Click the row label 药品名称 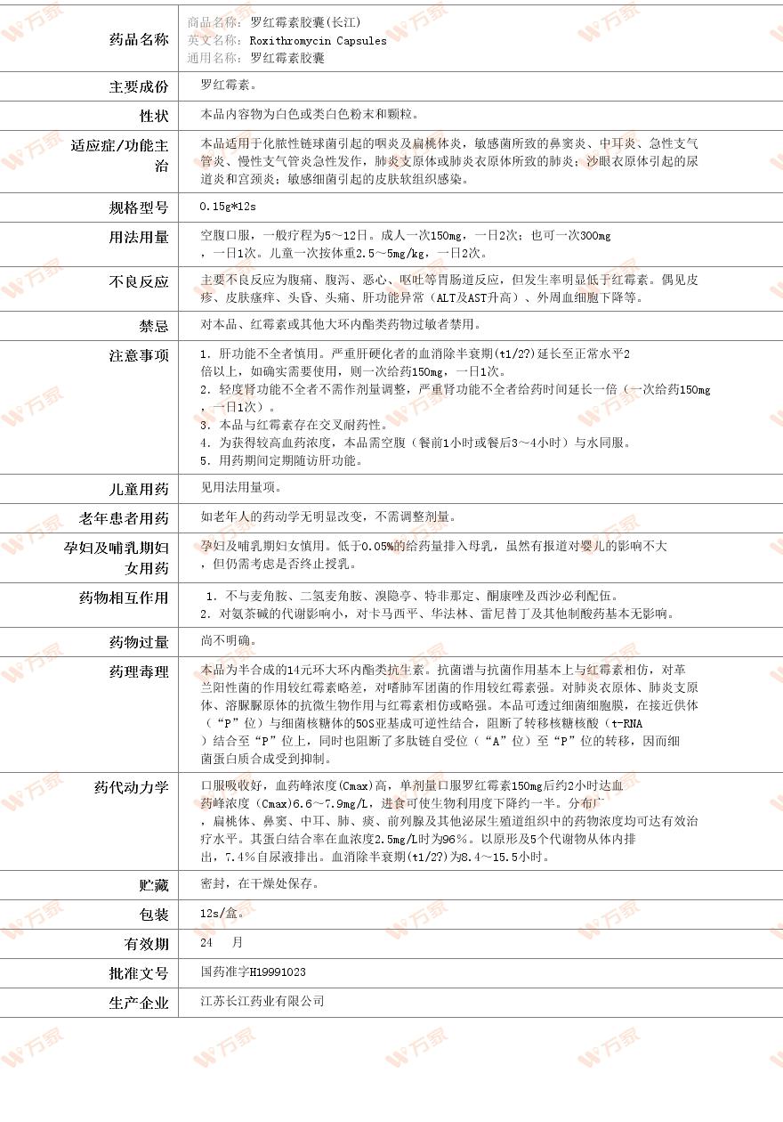coord(138,39)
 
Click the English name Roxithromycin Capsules coord(318,40)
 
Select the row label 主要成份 coord(138,86)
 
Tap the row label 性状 coord(153,116)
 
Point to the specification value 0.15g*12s coord(228,207)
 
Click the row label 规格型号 coord(138,207)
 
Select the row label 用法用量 coord(138,237)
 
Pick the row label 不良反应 coord(138,281)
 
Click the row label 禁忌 coord(153,326)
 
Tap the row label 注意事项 coord(138,355)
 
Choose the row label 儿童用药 coord(138,489)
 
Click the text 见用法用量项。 coord(240,487)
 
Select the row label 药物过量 coord(138,642)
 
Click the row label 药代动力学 coord(131,787)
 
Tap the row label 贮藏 coord(153,885)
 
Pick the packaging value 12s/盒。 coord(222,914)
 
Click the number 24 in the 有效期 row coord(207,942)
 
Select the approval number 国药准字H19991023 coord(253,972)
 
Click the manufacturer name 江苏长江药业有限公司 coord(262,1001)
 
